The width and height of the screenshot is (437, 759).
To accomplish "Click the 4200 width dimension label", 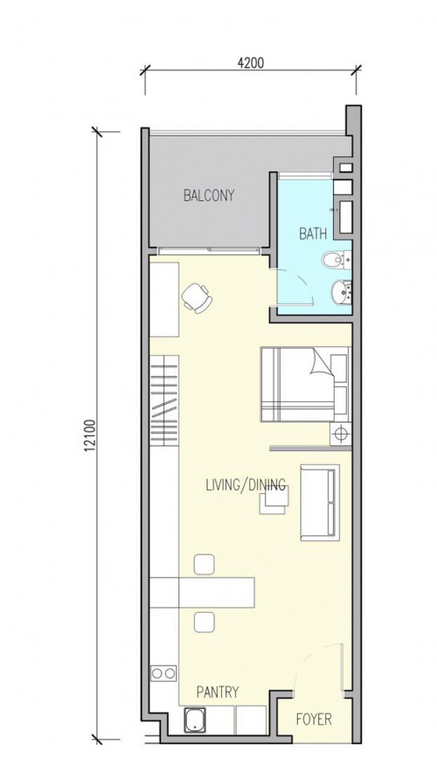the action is pos(250,63).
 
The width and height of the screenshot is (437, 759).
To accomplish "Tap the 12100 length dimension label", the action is pos(90,435).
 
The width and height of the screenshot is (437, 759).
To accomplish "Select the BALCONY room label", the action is pos(209,196).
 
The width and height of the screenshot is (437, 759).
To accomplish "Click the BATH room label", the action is pos(313,234).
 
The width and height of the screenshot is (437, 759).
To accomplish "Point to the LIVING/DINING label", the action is pos(246,484).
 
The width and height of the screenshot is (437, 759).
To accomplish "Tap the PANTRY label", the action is pos(218,693).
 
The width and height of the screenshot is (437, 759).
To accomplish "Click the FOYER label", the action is pos(314,720).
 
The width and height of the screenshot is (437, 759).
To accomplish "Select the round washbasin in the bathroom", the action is pos(341,292).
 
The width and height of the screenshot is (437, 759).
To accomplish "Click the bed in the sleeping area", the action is pos(304,385).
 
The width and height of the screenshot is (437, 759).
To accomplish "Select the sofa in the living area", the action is pos(320,503).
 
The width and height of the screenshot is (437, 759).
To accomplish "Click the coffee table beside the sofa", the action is pos(274,499).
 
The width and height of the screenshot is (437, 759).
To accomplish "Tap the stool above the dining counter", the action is pos(204,564).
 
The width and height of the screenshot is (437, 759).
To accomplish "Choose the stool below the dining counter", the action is pos(205,622).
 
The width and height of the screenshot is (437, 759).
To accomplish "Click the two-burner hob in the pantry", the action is pos(163,672).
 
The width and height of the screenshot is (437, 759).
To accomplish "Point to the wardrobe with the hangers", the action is pos(164,400).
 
